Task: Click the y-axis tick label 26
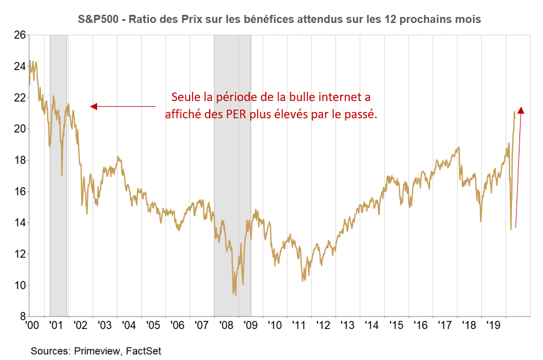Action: (x=19, y=35)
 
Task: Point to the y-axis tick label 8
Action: (x=22, y=316)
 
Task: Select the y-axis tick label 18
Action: (x=19, y=160)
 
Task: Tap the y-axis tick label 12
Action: (x=19, y=254)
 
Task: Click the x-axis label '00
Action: (x=32, y=326)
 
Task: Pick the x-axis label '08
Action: (x=226, y=326)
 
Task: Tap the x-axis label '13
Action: (x=348, y=326)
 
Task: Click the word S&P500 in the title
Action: (x=98, y=20)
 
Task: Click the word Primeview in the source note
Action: (x=97, y=350)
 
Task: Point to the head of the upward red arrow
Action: (x=521, y=110)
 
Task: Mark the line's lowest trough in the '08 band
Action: (x=236, y=295)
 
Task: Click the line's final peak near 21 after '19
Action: (x=514, y=111)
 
